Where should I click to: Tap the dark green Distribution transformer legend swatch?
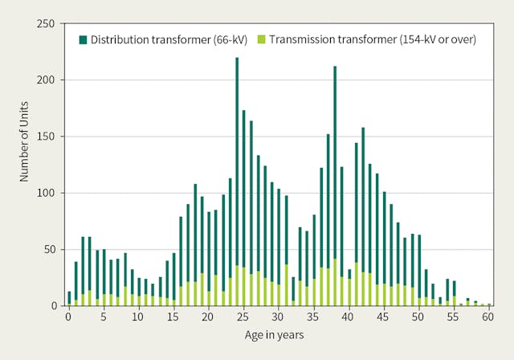[x=82, y=39]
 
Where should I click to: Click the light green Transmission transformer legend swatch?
[x=262, y=39]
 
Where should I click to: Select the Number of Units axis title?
[x=26, y=165]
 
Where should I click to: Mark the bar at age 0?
[x=69, y=298]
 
